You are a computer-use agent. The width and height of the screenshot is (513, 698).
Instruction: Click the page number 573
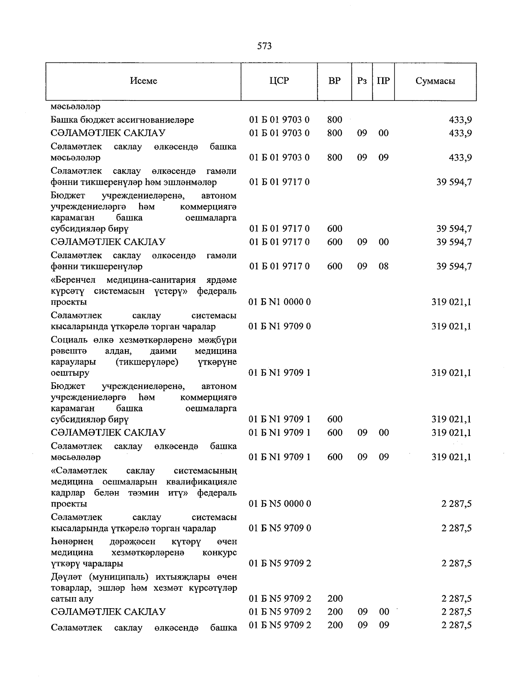click(x=265, y=46)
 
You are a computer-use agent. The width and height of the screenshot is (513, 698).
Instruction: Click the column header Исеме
click(x=144, y=81)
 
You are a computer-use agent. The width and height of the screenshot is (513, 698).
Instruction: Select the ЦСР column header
click(x=279, y=81)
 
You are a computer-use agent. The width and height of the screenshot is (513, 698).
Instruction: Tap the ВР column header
click(x=334, y=81)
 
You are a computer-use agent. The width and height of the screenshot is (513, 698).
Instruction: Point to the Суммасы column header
click(x=435, y=81)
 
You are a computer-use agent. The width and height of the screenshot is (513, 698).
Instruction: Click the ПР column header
click(x=383, y=81)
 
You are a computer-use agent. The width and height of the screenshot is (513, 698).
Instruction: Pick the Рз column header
click(x=362, y=81)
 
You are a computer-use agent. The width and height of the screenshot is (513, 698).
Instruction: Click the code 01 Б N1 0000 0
click(x=280, y=302)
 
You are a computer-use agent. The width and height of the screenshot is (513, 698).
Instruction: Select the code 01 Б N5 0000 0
click(x=280, y=504)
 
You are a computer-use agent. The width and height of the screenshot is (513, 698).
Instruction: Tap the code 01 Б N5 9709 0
click(x=280, y=528)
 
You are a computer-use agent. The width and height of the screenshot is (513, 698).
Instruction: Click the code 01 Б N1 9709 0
click(x=280, y=327)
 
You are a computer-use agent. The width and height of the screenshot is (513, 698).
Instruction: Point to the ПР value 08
click(x=383, y=266)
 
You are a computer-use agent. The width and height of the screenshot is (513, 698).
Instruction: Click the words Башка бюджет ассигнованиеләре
click(x=122, y=120)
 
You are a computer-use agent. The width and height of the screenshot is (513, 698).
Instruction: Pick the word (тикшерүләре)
click(x=147, y=362)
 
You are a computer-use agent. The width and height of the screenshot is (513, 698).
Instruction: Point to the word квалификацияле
click(x=207, y=482)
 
